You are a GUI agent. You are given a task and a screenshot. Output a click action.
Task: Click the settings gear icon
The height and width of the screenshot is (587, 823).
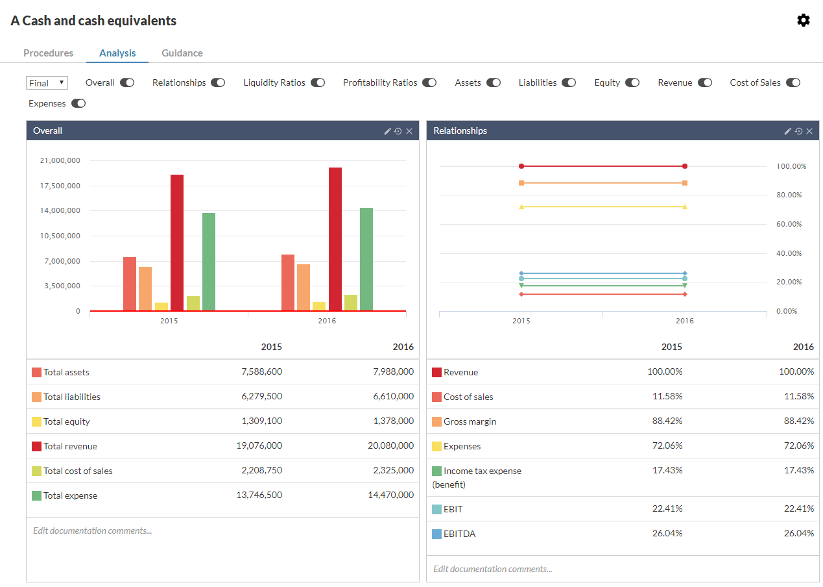pyautogui.click(x=804, y=20)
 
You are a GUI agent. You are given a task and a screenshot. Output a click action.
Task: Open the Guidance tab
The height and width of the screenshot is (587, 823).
pyautogui.click(x=182, y=53)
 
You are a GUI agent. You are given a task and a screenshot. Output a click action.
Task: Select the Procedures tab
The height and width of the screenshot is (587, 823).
pyautogui.click(x=48, y=53)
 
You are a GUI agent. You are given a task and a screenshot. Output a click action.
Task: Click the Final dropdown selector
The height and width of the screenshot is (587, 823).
pyautogui.click(x=47, y=83)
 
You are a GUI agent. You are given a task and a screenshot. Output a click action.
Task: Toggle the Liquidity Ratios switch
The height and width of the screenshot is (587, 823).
pyautogui.click(x=317, y=82)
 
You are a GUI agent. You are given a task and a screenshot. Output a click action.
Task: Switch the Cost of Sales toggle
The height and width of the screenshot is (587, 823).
pyautogui.click(x=793, y=82)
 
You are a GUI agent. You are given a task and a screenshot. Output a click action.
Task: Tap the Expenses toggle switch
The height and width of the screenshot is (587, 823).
pyautogui.click(x=78, y=103)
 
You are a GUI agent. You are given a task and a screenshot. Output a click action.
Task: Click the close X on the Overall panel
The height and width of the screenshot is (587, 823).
pyautogui.click(x=409, y=131)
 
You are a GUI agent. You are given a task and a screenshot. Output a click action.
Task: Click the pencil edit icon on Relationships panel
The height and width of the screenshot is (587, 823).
pyautogui.click(x=787, y=131)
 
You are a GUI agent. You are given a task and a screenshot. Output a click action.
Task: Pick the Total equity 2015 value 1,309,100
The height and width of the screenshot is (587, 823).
pyautogui.click(x=261, y=421)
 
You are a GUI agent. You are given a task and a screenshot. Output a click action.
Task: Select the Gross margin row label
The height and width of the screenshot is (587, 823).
pyautogui.click(x=470, y=421)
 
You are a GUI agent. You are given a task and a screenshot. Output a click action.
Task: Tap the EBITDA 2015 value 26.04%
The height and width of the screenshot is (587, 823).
pyautogui.click(x=667, y=533)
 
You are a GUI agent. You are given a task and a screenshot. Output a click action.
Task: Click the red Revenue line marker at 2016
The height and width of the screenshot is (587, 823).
pyautogui.click(x=685, y=166)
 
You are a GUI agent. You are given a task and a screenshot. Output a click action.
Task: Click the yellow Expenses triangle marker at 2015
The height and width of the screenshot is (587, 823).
pyautogui.click(x=521, y=207)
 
